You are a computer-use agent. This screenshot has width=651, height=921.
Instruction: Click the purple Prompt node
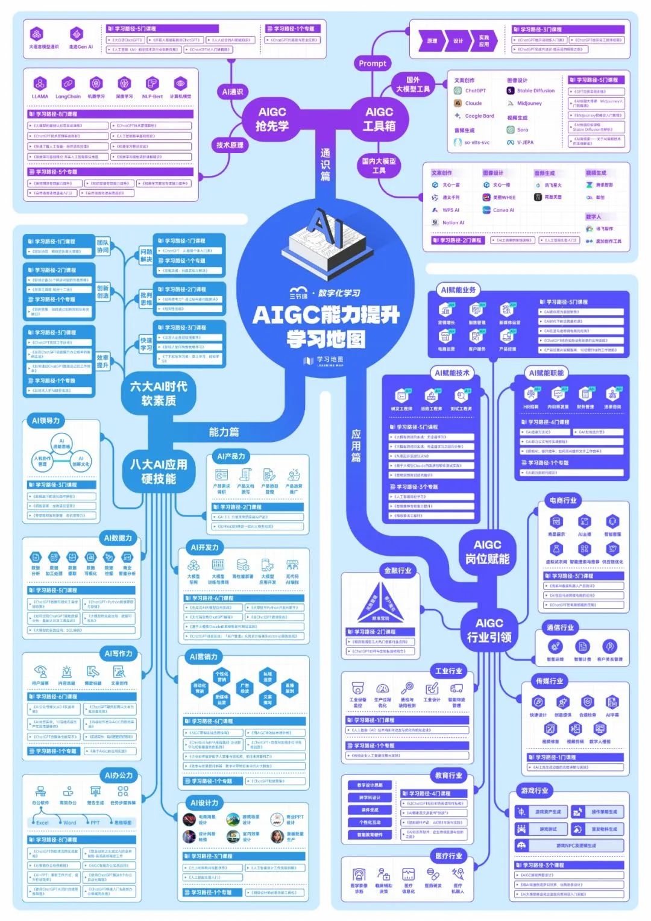coord(373,63)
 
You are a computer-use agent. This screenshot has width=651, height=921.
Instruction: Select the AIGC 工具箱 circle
coord(379,118)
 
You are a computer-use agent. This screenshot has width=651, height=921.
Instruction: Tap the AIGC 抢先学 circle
coord(272,118)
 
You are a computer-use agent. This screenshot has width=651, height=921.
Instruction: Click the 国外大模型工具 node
coord(413,84)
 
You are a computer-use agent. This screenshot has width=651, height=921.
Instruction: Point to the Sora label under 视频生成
coord(522,130)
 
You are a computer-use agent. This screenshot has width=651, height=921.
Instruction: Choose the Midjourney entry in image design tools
coord(529,104)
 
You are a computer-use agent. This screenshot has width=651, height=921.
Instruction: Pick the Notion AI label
coord(453,222)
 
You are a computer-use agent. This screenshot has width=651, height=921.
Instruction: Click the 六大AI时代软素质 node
coord(158,393)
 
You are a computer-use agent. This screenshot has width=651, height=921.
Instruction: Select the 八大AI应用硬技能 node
coord(158,471)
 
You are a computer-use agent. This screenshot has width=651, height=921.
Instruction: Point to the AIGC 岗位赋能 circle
coord(487,552)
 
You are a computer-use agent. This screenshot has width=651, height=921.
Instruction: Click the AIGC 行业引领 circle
coord(489,629)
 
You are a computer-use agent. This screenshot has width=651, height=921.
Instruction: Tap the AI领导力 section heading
coord(45,421)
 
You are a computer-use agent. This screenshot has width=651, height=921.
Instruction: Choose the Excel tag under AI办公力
coord(42,822)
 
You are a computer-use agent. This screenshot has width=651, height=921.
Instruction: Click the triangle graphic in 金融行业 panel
coord(380,603)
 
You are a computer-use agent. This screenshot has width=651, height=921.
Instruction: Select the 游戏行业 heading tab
coord(535,790)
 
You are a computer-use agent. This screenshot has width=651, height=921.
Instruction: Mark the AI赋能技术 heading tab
coord(452,373)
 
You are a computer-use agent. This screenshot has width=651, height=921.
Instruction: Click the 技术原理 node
coord(230,145)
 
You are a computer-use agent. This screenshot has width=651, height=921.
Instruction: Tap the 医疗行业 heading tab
coord(448,855)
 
